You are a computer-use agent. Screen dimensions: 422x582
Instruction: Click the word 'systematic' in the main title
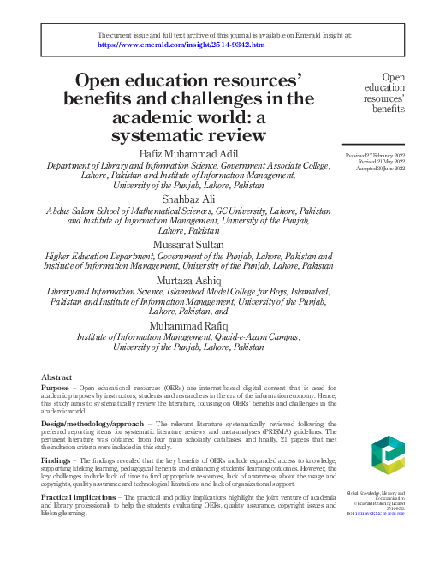(x=158, y=134)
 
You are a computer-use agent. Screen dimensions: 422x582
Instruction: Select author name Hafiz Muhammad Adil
(x=189, y=153)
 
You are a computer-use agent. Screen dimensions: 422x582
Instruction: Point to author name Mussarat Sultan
(x=189, y=244)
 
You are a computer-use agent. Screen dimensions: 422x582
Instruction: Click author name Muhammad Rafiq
(x=189, y=326)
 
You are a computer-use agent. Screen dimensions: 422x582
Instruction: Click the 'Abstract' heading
(x=56, y=377)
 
